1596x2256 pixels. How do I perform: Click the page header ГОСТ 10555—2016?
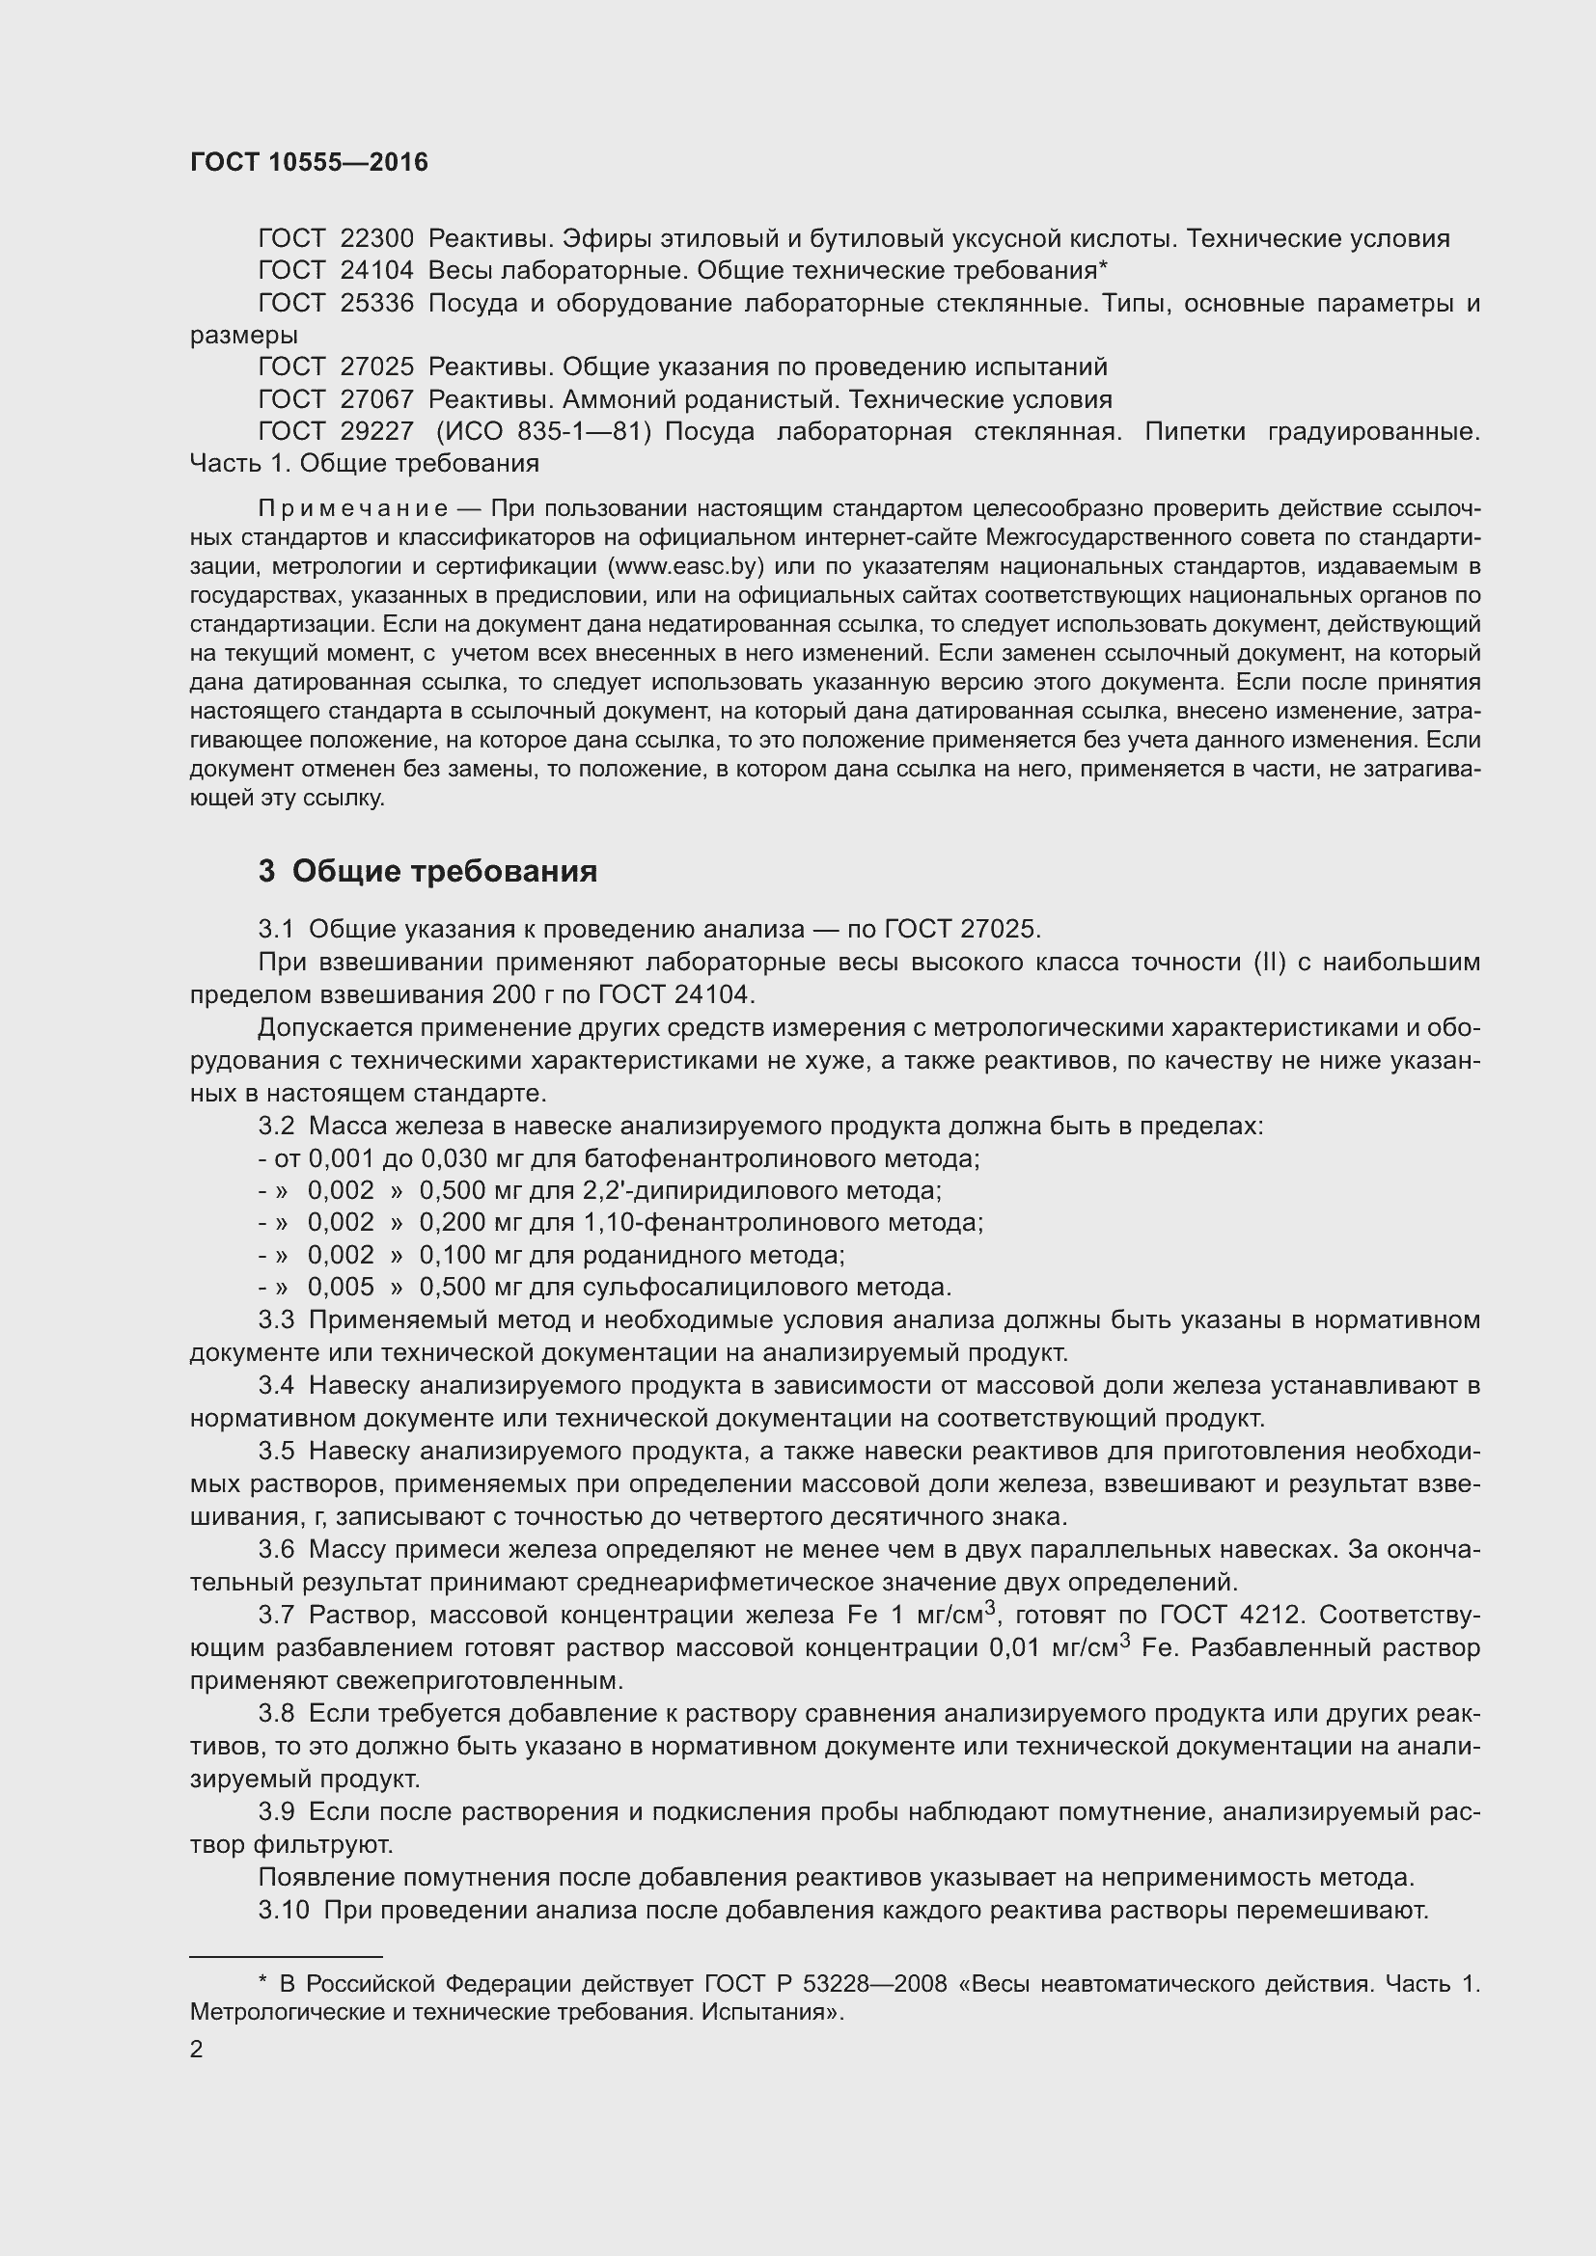tap(309, 162)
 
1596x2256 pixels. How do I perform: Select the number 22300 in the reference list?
tap(376, 239)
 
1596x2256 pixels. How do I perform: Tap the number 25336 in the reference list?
tap(376, 304)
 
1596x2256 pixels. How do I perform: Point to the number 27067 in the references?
tap(376, 400)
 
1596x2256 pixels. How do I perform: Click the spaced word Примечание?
tap(353, 509)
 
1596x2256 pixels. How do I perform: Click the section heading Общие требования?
tap(444, 872)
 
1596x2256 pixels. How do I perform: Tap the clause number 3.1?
tap(276, 930)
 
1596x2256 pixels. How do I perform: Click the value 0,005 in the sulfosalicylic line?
tap(341, 1288)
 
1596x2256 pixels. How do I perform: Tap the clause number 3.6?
tap(276, 1550)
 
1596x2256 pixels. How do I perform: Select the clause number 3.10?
tap(283, 1910)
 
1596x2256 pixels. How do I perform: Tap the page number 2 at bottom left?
tap(197, 2049)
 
